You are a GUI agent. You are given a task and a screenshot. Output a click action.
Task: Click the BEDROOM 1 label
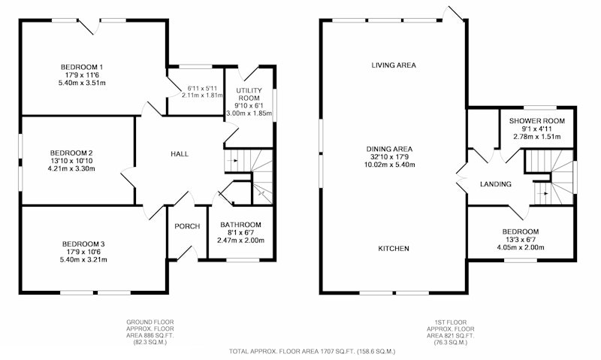click(82, 67)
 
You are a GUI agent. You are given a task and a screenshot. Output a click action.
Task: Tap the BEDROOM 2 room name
click(71, 153)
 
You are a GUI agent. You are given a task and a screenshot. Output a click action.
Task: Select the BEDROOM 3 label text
click(83, 244)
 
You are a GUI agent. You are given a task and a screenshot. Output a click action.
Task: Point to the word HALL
click(180, 154)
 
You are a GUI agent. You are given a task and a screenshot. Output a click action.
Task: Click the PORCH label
click(187, 226)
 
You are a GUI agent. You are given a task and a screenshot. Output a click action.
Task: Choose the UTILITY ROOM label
click(249, 94)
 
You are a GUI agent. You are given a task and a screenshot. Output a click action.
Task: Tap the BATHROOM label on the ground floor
click(240, 225)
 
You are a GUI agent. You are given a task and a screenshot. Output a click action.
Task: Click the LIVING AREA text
click(394, 65)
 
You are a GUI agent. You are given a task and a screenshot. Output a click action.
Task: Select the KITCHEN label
click(394, 249)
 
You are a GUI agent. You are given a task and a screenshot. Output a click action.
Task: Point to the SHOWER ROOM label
click(536, 121)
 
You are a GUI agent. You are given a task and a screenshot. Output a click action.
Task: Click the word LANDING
click(496, 184)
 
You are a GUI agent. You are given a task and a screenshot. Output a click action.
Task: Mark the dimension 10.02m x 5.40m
click(389, 165)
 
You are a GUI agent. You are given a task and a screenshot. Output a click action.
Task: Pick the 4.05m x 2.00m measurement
click(521, 247)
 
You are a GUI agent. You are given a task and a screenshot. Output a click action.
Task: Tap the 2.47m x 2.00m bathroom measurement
click(240, 241)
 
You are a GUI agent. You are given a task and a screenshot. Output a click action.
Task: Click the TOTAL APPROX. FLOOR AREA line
click(312, 351)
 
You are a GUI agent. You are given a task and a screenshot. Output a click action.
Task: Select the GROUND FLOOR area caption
click(149, 332)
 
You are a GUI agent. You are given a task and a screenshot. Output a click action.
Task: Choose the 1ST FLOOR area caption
click(450, 332)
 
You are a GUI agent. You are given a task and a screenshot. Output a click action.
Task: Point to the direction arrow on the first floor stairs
click(543, 194)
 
